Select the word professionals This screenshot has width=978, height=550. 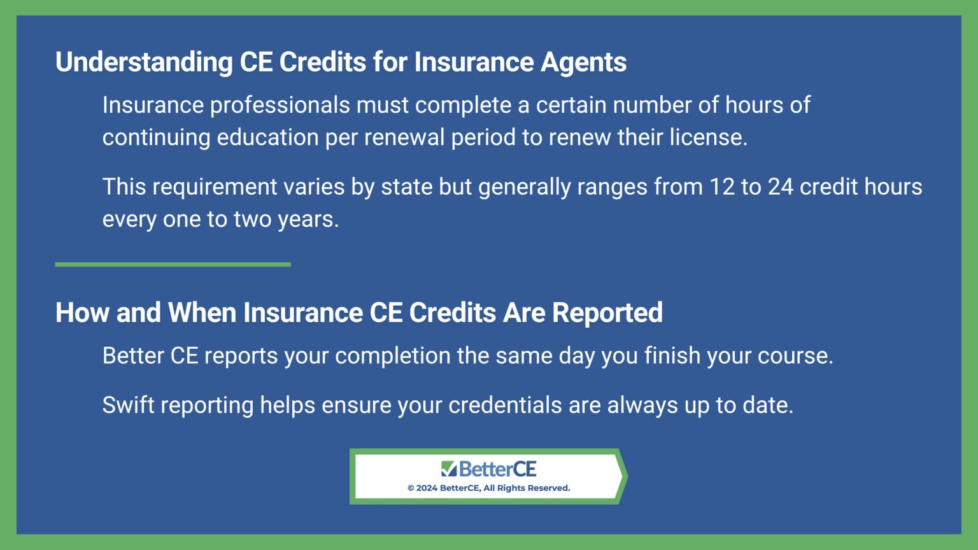280,105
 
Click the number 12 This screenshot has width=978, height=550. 722,187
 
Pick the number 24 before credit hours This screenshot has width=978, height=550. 780,187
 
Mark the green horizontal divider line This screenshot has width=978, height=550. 173,264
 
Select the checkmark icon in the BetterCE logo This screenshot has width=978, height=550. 449,469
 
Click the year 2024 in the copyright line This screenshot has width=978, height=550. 427,488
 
